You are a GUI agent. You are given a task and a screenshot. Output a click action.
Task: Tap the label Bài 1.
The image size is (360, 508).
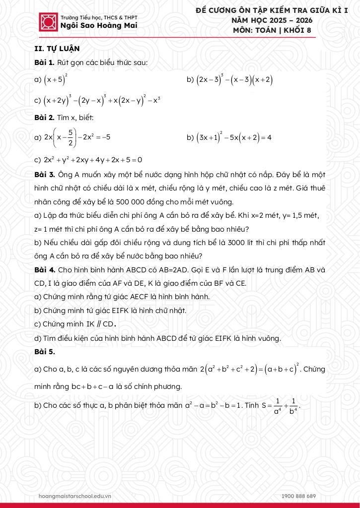(x=44, y=63)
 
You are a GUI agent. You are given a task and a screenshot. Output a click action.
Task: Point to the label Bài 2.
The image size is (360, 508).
(x=44, y=118)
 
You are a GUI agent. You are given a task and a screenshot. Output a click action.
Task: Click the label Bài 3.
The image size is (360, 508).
(x=44, y=175)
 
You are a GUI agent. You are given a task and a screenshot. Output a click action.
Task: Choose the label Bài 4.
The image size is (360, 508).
(x=44, y=270)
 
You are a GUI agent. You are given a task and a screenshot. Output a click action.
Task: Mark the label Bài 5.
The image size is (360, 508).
(x=44, y=352)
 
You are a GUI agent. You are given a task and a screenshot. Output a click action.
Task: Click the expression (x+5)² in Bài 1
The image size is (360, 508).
(x=56, y=79)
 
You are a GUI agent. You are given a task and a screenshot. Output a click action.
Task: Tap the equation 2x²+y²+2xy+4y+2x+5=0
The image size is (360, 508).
(x=93, y=160)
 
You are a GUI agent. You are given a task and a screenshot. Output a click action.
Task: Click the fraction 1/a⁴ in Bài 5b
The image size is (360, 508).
(x=278, y=405)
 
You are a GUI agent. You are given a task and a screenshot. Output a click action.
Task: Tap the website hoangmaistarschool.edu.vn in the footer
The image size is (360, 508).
(x=75, y=496)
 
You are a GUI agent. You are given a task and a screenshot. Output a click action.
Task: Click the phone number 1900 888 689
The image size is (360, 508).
(x=298, y=496)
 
